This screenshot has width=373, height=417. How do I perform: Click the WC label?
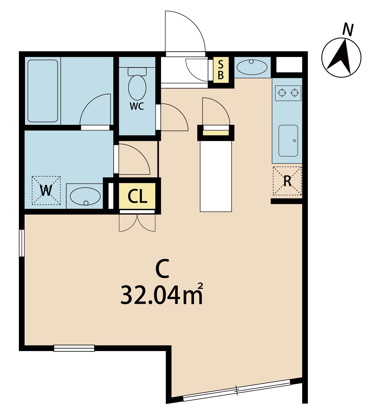tap(137, 106)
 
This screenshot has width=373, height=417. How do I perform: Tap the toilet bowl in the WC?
tap(137, 88)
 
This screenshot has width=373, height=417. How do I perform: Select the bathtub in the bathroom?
tap(42, 91)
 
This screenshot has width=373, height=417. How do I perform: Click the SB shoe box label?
tap(221, 70)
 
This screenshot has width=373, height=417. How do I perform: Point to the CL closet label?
tap(137, 197)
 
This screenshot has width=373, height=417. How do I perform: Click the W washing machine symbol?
tap(46, 190)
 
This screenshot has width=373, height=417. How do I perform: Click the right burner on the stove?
tap(295, 93)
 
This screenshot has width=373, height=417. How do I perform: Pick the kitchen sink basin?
tap(288, 141)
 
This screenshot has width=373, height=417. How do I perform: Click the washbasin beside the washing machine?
tap(85, 196)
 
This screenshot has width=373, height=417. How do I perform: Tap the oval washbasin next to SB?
tap(252, 67)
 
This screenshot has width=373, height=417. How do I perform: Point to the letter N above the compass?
tap(348, 30)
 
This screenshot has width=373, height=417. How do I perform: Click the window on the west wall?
tap(22, 243)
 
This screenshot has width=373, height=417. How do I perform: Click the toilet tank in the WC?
tap(137, 72)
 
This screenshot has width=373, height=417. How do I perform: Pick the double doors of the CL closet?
tap(137, 223)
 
